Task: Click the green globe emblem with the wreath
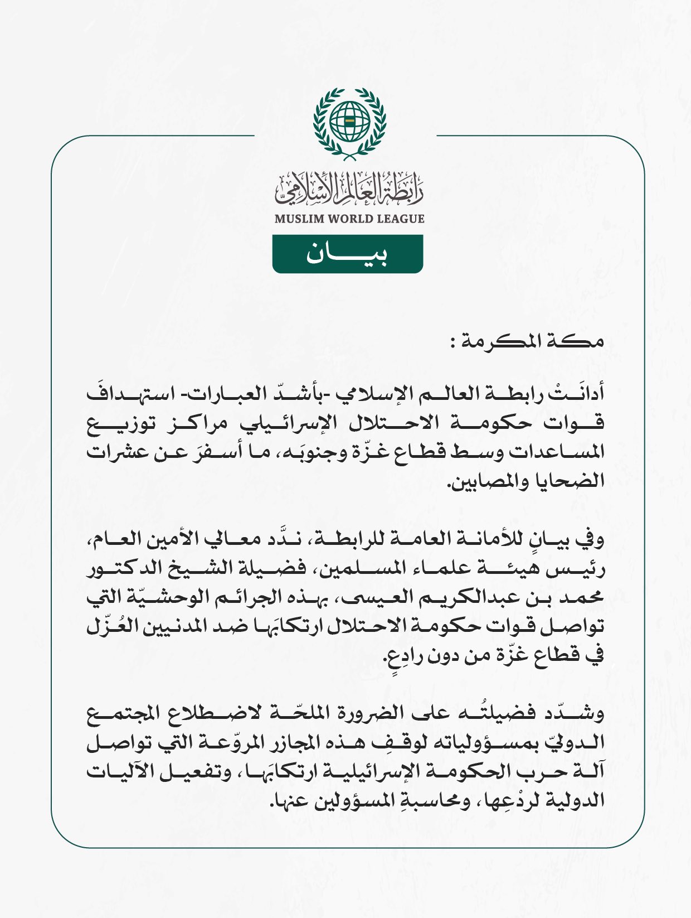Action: (x=349, y=123)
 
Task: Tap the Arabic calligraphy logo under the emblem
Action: (x=349, y=188)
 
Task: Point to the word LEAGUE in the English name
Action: (x=401, y=219)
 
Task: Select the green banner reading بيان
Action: (x=348, y=254)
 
